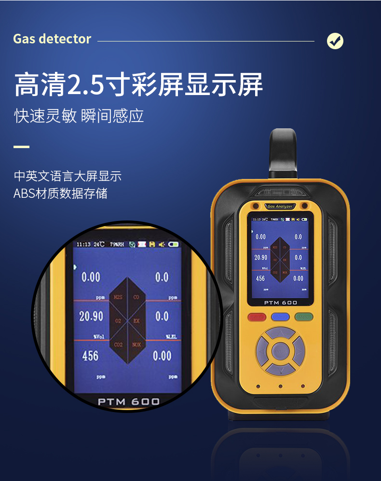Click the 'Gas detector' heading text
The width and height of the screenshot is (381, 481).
[52, 39]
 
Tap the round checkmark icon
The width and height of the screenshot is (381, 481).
[335, 41]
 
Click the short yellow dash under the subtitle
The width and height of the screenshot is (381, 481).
[21, 146]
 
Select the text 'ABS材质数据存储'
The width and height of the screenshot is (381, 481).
[60, 193]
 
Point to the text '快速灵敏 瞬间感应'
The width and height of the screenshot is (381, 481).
[79, 116]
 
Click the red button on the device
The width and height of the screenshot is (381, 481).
[256, 317]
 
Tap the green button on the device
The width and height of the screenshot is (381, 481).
[304, 317]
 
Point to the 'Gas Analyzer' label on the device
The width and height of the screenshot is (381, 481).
[280, 206]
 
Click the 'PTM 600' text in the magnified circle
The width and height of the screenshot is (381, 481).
[129, 401]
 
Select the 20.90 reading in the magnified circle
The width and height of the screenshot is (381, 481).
[91, 316]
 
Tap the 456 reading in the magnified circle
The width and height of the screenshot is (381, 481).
[90, 356]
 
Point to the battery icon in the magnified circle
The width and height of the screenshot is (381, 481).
[173, 245]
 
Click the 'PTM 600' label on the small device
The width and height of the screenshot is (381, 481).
[280, 302]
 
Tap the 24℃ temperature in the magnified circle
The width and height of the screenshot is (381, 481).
[99, 245]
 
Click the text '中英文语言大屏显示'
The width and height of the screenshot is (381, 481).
[68, 176]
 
